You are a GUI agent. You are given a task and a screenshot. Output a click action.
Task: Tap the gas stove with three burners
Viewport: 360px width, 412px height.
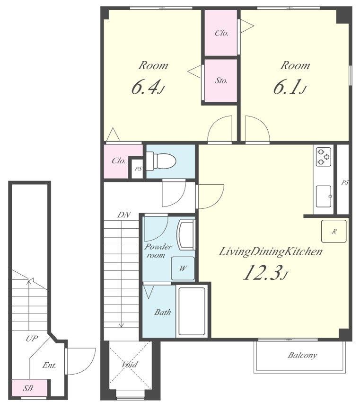pyautogui.click(x=324, y=157)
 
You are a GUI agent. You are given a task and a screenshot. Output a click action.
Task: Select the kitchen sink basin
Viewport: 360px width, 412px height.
pyautogui.click(x=324, y=196)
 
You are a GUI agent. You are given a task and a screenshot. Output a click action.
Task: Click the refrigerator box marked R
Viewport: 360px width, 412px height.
pyautogui.click(x=334, y=231)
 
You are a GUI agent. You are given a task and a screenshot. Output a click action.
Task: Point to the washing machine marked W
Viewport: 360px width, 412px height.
pyautogui.click(x=183, y=268)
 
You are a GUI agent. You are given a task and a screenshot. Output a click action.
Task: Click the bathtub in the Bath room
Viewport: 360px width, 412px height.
pyautogui.click(x=192, y=311)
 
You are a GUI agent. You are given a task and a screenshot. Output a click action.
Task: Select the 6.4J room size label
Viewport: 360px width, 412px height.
pyautogui.click(x=148, y=88)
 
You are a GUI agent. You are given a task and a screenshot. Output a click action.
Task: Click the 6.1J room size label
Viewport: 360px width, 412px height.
pyautogui.click(x=290, y=88)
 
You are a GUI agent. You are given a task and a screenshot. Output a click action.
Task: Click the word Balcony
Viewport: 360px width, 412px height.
pyautogui.click(x=302, y=356)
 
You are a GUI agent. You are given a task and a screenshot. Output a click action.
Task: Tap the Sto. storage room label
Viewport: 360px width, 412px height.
pyautogui.click(x=221, y=81)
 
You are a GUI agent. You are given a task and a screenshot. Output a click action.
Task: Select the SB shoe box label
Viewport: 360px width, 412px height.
pyautogui.click(x=28, y=388)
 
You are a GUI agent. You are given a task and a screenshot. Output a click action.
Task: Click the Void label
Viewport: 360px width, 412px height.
pyautogui.click(x=130, y=364)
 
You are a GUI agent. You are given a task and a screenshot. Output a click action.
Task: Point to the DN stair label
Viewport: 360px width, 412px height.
pyautogui.click(x=124, y=215)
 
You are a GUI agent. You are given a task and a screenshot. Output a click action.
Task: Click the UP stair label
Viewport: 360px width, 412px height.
pyautogui.click(x=32, y=339)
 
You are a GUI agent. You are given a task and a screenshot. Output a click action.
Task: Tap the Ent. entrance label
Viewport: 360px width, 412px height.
pyautogui.click(x=49, y=365)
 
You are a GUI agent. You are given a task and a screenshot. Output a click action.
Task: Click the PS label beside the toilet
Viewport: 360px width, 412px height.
pyautogui.click(x=138, y=169)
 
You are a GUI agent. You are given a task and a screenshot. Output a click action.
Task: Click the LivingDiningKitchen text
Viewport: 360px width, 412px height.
pyautogui.click(x=271, y=252)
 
